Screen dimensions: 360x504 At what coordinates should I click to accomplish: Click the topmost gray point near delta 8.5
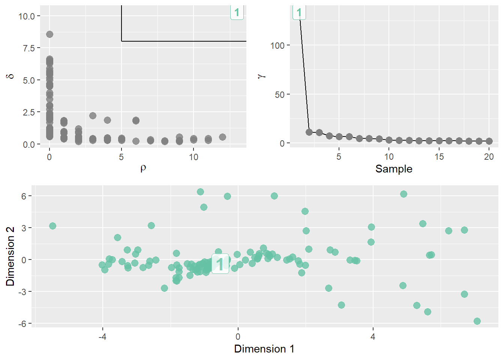coord(49,34)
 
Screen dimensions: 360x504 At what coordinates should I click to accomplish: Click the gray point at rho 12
coord(222,137)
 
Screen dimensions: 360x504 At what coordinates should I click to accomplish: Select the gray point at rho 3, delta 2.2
coord(93,115)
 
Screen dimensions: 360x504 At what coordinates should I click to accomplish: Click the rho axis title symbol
coord(143,168)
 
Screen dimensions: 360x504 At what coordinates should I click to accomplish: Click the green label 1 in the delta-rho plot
coord(237,13)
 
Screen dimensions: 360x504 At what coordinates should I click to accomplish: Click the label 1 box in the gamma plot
coord(299,13)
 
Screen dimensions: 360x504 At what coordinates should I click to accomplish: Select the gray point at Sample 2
coord(309,132)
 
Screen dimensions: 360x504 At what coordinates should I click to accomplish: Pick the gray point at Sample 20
coord(489,141)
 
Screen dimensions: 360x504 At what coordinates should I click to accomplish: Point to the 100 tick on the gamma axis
coord(277,45)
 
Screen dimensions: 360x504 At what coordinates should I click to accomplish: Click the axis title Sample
coord(394,169)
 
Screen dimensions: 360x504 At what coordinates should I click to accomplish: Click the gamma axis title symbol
coord(261,76)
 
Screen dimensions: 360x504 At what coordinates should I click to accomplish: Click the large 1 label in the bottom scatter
coord(220,264)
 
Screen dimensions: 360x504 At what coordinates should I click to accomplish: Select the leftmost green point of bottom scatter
coord(52,226)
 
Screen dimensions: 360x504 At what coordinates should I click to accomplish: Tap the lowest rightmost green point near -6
coord(477,321)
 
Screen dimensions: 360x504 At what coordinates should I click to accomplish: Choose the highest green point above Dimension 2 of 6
coord(200,192)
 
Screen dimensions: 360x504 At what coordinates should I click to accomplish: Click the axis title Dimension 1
coord(264,349)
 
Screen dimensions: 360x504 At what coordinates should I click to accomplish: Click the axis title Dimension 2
coord(10,256)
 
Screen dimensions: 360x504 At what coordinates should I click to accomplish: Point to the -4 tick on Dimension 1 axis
coord(102,337)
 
